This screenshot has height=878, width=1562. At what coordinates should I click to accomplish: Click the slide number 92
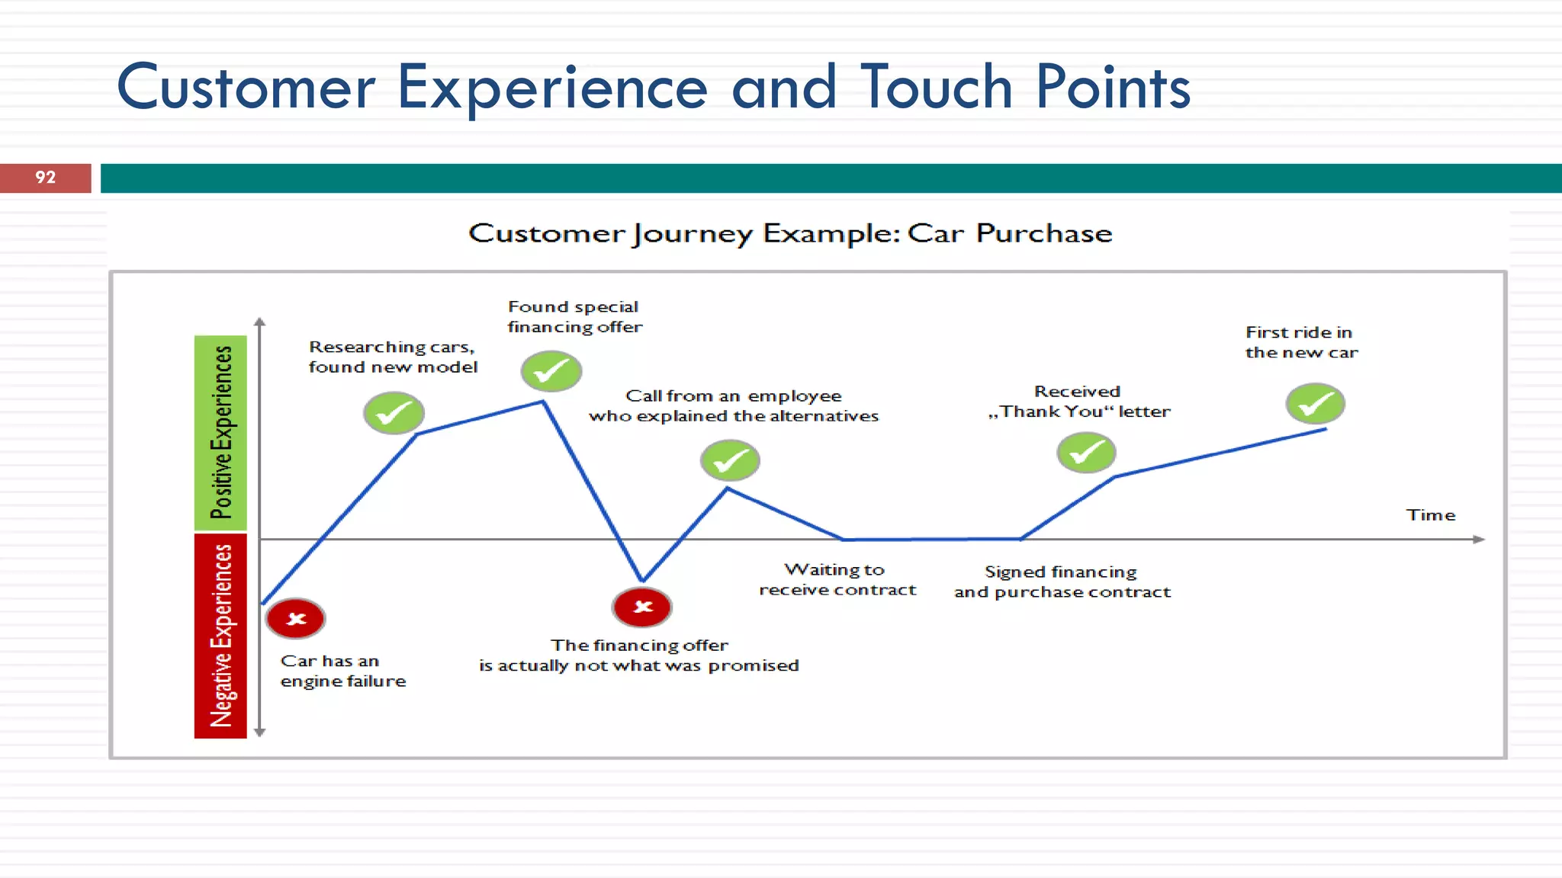45,178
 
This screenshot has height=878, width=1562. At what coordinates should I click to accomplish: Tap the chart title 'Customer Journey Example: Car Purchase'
790,233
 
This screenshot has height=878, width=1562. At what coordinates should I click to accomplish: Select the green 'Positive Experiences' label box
220,432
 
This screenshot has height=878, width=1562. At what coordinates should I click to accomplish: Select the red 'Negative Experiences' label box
220,636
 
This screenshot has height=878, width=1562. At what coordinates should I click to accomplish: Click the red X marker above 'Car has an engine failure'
296,618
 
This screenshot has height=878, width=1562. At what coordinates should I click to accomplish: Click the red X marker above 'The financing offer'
642,607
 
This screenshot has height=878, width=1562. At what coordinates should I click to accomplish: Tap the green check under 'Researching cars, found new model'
394,413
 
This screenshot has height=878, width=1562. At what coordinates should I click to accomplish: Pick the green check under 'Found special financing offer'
551,371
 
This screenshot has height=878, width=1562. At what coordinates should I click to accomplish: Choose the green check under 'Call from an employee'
730,460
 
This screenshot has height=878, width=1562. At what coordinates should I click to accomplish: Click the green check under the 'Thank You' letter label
1086,453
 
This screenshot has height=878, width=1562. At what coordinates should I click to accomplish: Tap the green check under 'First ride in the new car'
1315,404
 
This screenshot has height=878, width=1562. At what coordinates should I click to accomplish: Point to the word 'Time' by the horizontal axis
1430,515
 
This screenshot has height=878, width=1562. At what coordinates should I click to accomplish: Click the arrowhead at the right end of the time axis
1479,540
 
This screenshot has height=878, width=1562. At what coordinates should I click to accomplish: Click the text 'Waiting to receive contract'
837,580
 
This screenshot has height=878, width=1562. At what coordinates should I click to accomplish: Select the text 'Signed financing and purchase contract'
1062,582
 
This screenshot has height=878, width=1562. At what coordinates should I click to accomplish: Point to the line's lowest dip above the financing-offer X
642,579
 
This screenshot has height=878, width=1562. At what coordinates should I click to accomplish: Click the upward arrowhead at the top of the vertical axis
260,322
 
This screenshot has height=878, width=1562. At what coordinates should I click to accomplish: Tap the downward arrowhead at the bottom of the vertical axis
260,732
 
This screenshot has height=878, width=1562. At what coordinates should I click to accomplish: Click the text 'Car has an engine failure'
342,671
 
